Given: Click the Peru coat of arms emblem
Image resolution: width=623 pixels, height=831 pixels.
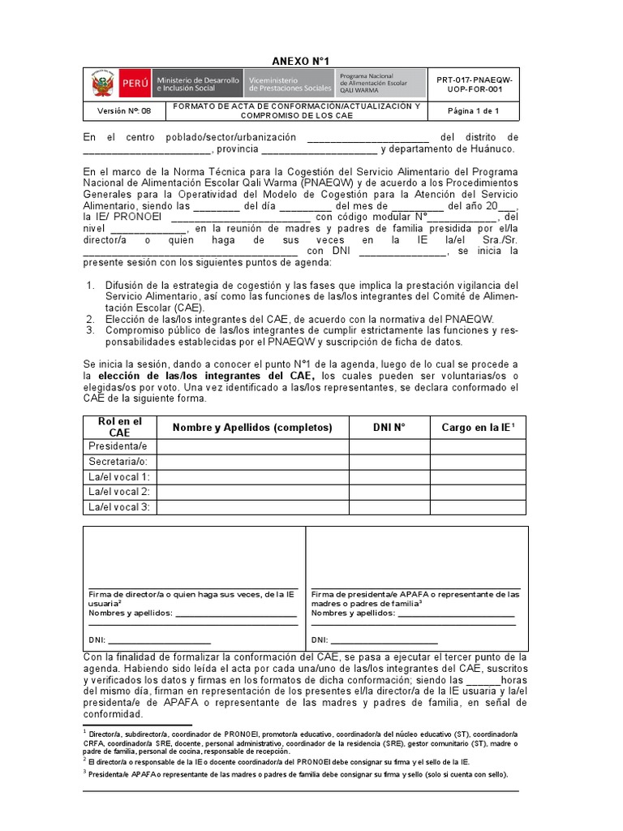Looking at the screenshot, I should [101, 84].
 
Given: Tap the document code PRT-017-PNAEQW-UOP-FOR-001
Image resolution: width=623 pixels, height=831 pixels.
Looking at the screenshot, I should [475, 84].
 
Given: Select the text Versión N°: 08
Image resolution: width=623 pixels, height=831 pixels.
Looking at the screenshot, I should [125, 111].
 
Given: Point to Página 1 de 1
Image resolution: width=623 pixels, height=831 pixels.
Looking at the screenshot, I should [474, 111].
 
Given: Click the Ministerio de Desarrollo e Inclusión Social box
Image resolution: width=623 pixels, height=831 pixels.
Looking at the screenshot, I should [198, 84].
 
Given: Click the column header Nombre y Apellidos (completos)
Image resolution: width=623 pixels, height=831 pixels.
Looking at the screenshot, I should [252, 428].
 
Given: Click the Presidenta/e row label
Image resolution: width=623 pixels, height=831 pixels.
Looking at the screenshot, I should [118, 446].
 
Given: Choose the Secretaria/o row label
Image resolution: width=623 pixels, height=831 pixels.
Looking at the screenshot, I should [119, 462].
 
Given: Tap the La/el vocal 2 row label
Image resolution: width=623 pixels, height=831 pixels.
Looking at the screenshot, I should [120, 492].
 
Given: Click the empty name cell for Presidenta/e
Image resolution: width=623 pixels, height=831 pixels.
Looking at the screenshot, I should [252, 446].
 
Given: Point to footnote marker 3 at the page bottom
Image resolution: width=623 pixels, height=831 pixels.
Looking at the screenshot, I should [85, 772].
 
